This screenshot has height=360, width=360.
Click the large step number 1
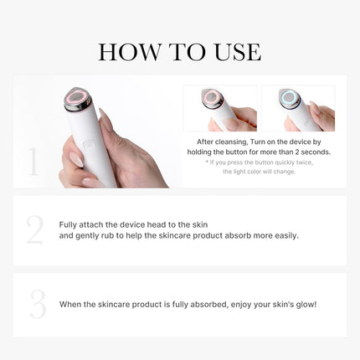(x=33, y=162)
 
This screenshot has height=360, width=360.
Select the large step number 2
(x=34, y=230)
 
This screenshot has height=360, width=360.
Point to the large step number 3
(x=37, y=305)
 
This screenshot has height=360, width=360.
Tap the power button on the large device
(x=90, y=143)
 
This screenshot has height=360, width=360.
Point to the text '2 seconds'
(x=311, y=152)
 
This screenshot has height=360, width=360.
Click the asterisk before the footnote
(x=208, y=162)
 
